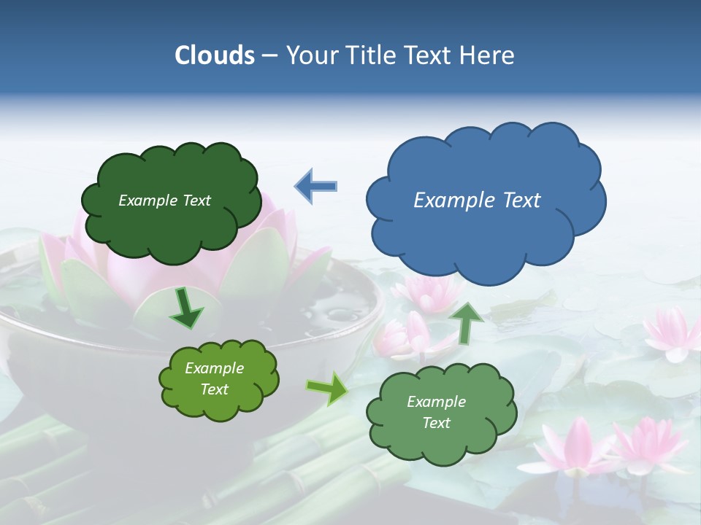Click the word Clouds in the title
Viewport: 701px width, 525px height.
click(215, 55)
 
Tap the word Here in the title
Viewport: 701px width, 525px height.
click(489, 55)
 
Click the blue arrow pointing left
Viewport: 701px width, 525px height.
click(315, 186)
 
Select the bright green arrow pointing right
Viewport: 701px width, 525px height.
click(328, 389)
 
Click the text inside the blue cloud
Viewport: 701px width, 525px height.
click(477, 200)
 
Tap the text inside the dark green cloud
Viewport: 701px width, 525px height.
click(164, 201)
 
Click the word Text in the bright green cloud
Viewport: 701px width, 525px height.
click(214, 389)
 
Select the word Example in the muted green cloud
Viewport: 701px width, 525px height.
click(436, 402)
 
